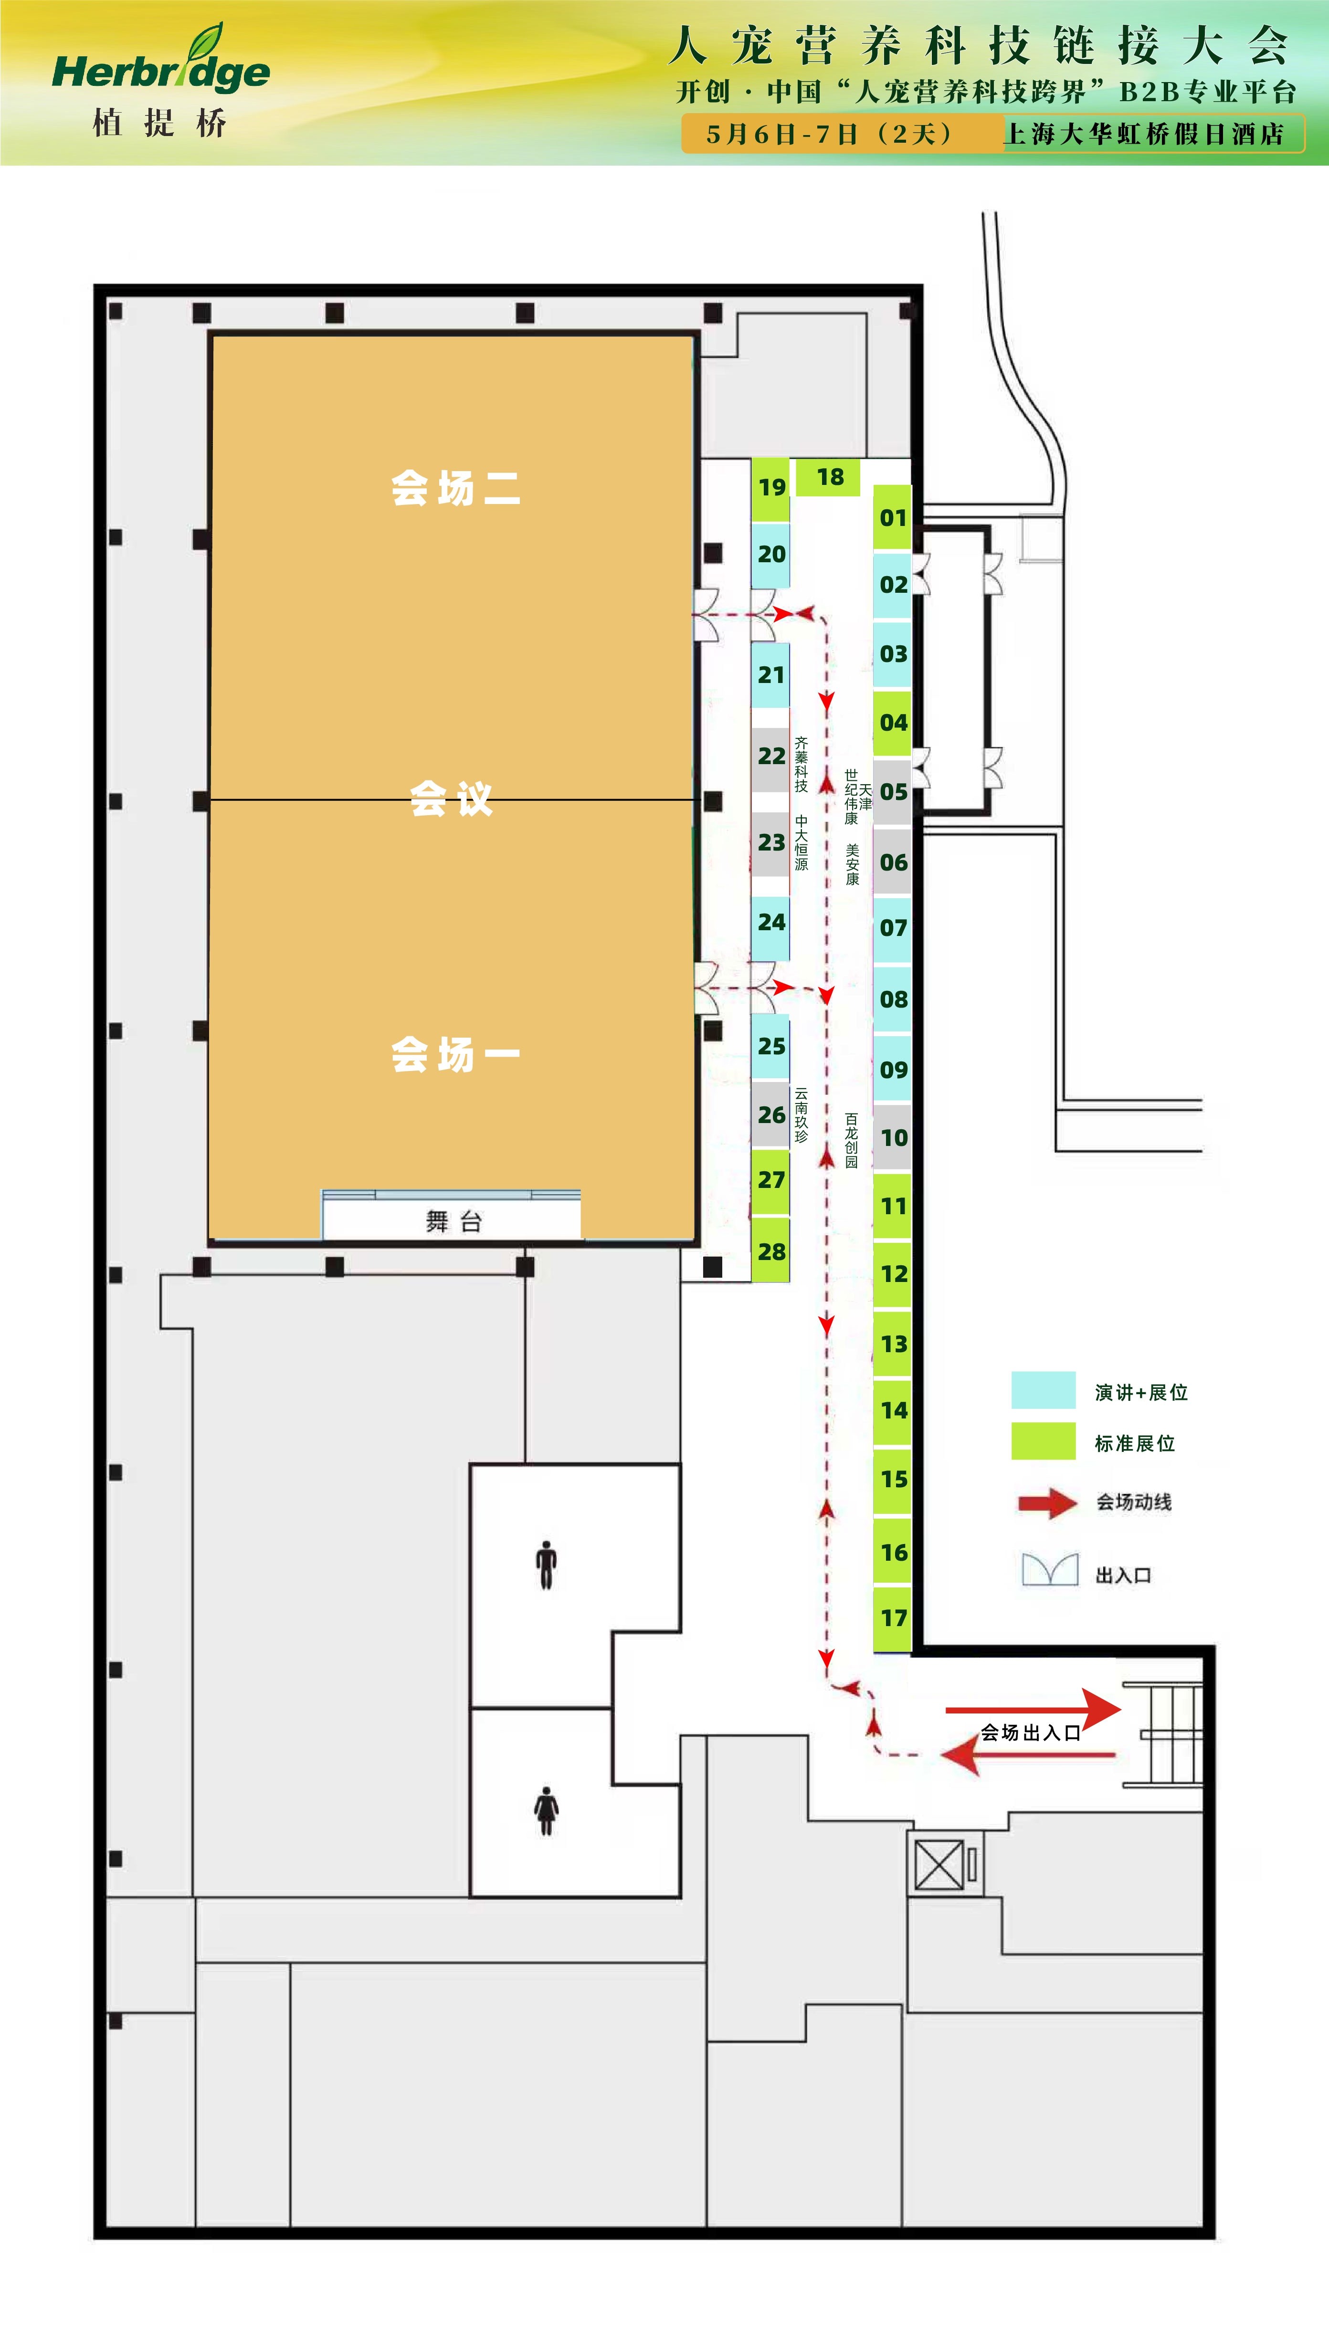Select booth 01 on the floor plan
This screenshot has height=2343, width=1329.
893,517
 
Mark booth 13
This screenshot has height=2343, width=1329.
893,1343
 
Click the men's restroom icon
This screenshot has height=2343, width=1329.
546,1565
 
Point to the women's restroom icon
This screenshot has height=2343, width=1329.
546,1810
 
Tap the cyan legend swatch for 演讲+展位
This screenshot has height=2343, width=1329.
1044,1390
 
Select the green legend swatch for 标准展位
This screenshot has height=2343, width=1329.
1044,1441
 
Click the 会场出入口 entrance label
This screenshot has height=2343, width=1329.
1031,1733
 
